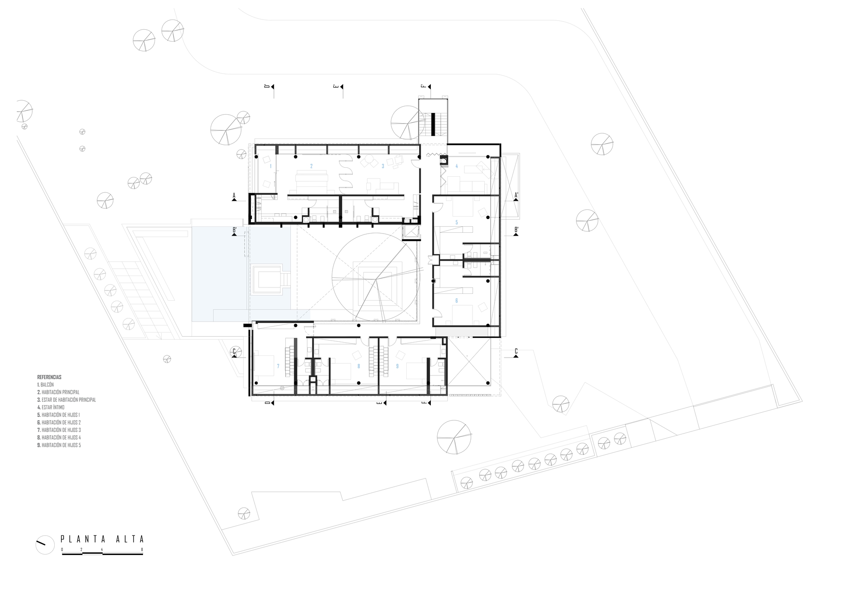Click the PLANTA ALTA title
pyautogui.click(x=102, y=539)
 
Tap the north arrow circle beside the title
pyautogui.click(x=45, y=544)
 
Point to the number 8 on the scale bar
pyautogui.click(x=142, y=549)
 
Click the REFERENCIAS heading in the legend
pyautogui.click(x=49, y=377)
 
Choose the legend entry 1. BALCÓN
pyautogui.click(x=45, y=385)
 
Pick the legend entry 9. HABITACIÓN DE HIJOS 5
pyautogui.click(x=59, y=445)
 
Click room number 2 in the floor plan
pyautogui.click(x=311, y=166)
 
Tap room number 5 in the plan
pyautogui.click(x=456, y=223)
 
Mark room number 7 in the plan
pyautogui.click(x=278, y=366)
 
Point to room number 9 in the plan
pyautogui.click(x=397, y=366)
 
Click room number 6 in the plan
pyautogui.click(x=456, y=301)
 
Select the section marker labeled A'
pyautogui.click(x=516, y=196)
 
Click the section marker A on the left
pyautogui.click(x=234, y=196)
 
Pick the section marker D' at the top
pyautogui.click(x=268, y=87)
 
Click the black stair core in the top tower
pyautogui.click(x=433, y=124)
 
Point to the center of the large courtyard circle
pyautogui.click(x=376, y=279)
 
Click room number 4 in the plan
pyautogui.click(x=457, y=166)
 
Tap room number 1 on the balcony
pyautogui.click(x=270, y=166)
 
